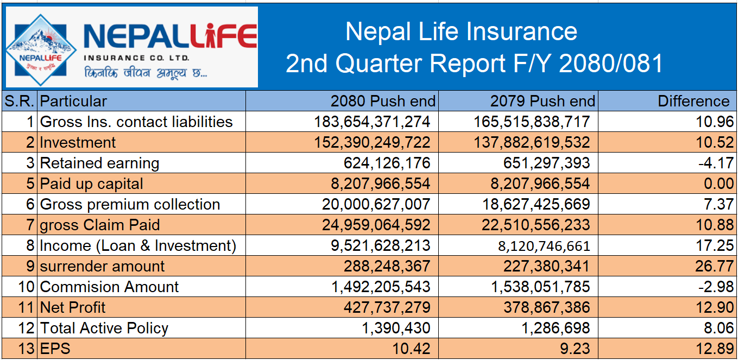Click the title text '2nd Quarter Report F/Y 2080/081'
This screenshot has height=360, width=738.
474,64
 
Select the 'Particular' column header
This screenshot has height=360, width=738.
74,101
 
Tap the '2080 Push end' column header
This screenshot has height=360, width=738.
383,101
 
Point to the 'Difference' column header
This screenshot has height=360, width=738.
693,101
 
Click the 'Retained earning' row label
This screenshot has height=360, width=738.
100,163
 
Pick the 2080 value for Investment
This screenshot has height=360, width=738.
372,143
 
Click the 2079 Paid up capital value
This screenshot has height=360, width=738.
540,184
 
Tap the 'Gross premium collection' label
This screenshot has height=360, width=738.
130,205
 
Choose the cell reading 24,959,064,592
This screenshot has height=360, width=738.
372,225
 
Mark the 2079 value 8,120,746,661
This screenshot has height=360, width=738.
544,246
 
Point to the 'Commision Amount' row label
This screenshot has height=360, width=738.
110,287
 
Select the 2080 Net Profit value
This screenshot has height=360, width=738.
387,308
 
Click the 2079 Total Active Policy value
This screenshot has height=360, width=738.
560,329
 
